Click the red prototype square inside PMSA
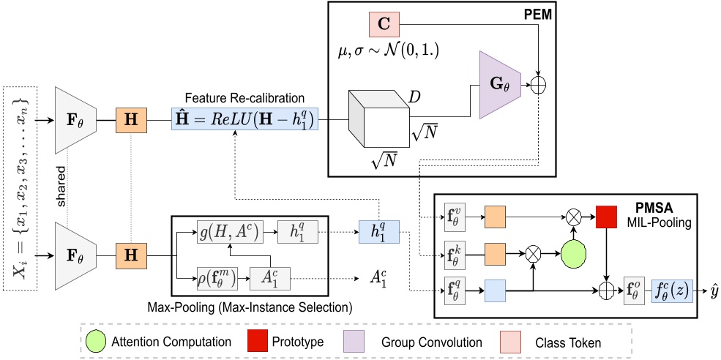coord(607,216)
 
